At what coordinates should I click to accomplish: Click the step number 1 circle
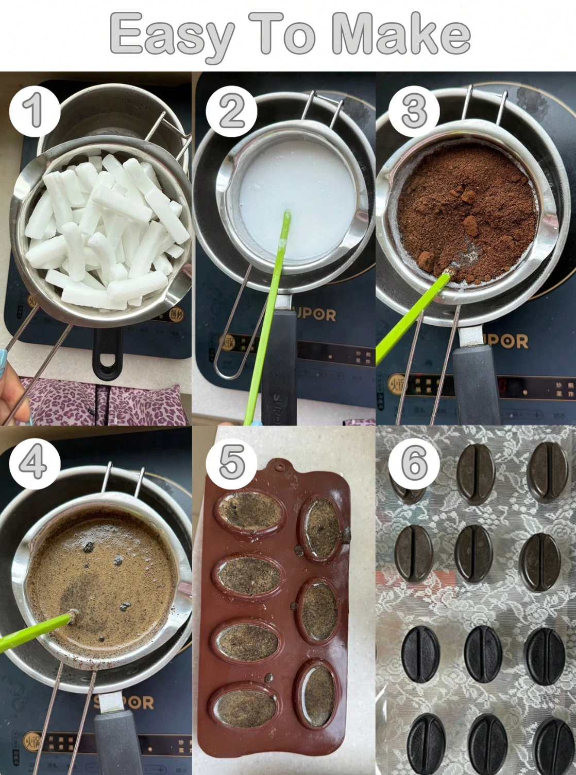(x=34, y=110)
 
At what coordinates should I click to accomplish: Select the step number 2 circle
(x=231, y=111)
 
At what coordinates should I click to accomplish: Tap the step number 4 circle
(x=34, y=463)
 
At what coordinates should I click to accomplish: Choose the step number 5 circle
(x=231, y=463)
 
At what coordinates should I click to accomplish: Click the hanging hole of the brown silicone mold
(x=280, y=467)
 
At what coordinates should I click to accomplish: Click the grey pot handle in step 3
(x=474, y=381)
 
